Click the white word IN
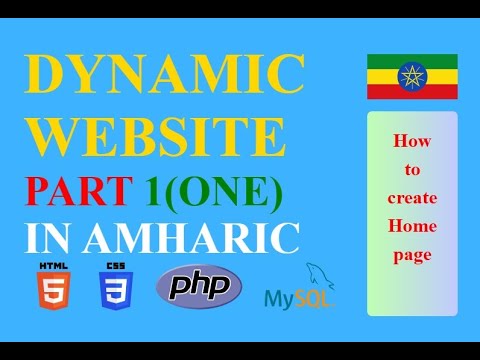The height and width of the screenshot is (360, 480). (45, 239)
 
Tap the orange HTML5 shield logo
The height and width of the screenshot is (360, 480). (54, 291)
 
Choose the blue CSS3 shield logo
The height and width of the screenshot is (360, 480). (117, 291)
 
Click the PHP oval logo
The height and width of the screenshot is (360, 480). (198, 286)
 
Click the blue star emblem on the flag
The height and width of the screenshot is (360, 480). (411, 76)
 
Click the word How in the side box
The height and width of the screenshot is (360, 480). (411, 141)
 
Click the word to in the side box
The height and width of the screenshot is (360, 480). (411, 170)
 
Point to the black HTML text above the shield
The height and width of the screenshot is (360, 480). (54, 267)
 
